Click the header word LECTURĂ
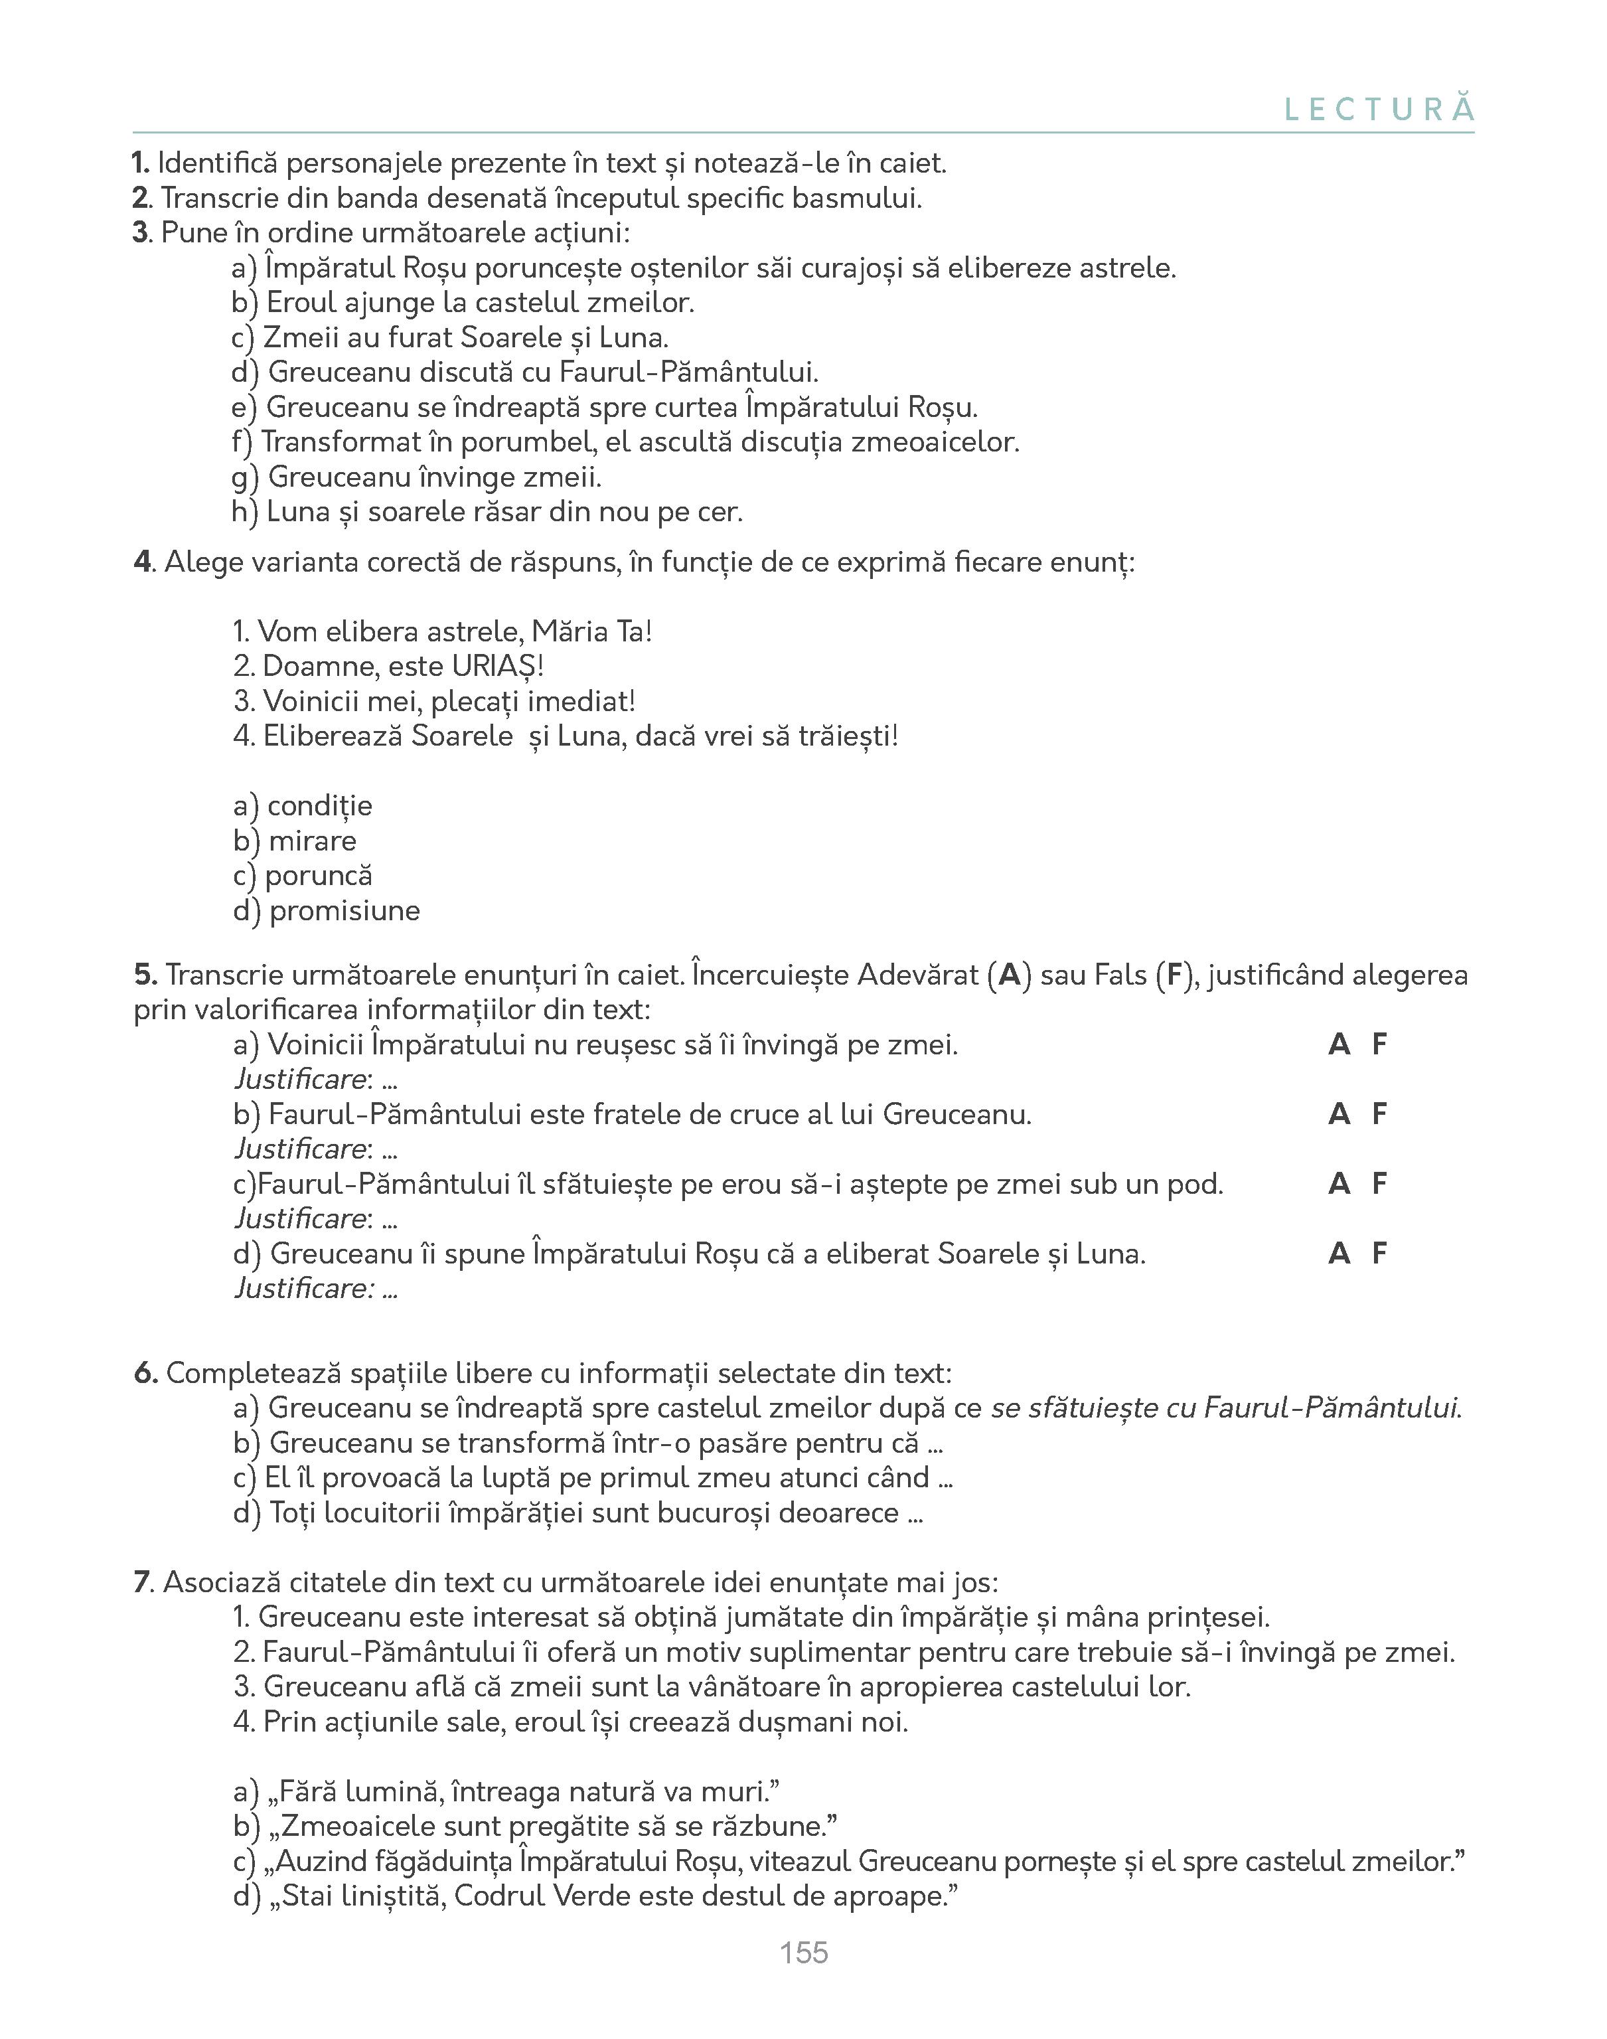pos(1379,110)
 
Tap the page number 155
pos(803,1953)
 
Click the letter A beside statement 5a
pos(1338,1044)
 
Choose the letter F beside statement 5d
pos(1379,1254)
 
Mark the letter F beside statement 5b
pos(1379,1114)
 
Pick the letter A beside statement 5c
pos(1338,1184)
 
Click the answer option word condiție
pos(320,807)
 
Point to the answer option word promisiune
pos(344,911)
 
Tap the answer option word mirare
pos(313,841)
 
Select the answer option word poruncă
pos(319,876)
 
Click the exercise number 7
pos(141,1583)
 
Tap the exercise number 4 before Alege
pos(142,562)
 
